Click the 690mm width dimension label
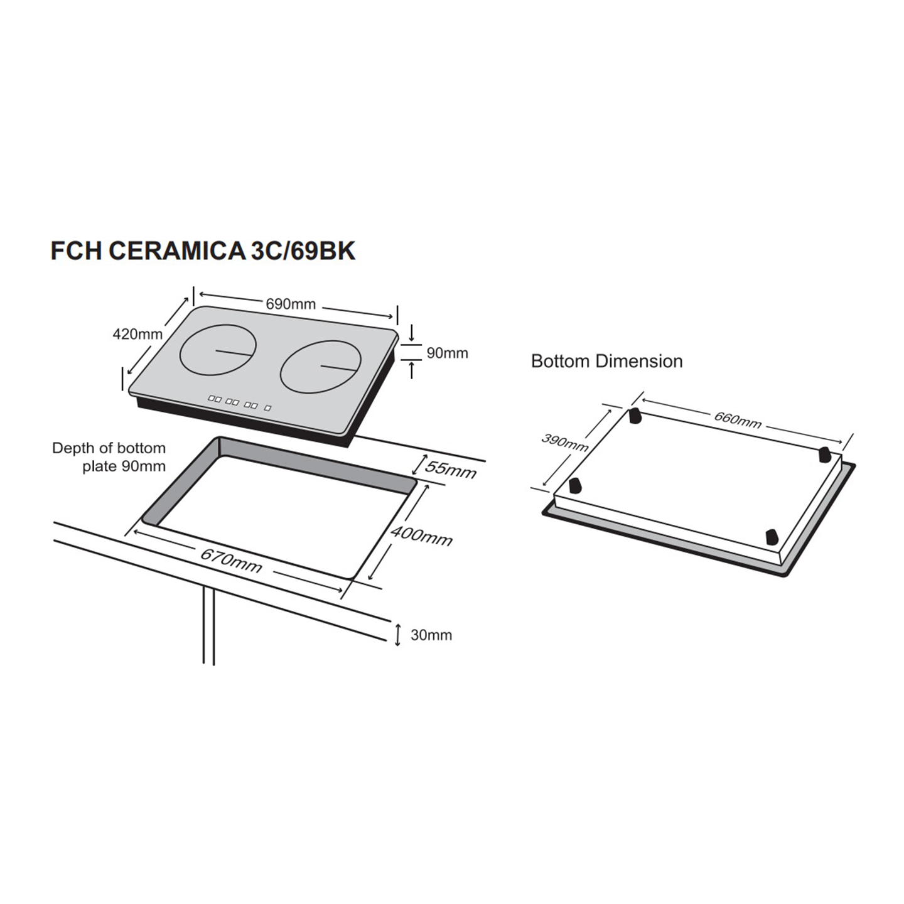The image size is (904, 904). (x=291, y=304)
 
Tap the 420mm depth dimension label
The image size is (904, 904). (x=137, y=334)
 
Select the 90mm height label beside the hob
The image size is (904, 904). (x=447, y=353)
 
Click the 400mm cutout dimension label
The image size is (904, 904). (x=421, y=536)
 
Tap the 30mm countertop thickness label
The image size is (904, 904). (x=431, y=635)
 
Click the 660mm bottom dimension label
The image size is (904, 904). (x=738, y=419)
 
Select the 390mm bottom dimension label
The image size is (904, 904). (x=565, y=443)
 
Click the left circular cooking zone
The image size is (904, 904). (x=218, y=350)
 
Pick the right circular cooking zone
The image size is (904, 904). (x=321, y=366)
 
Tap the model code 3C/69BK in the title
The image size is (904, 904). (x=303, y=250)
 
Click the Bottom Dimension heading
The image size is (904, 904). (x=606, y=361)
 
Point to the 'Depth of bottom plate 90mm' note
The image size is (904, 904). (x=109, y=457)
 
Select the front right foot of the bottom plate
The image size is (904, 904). (x=772, y=537)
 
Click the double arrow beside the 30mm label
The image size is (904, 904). (x=397, y=635)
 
